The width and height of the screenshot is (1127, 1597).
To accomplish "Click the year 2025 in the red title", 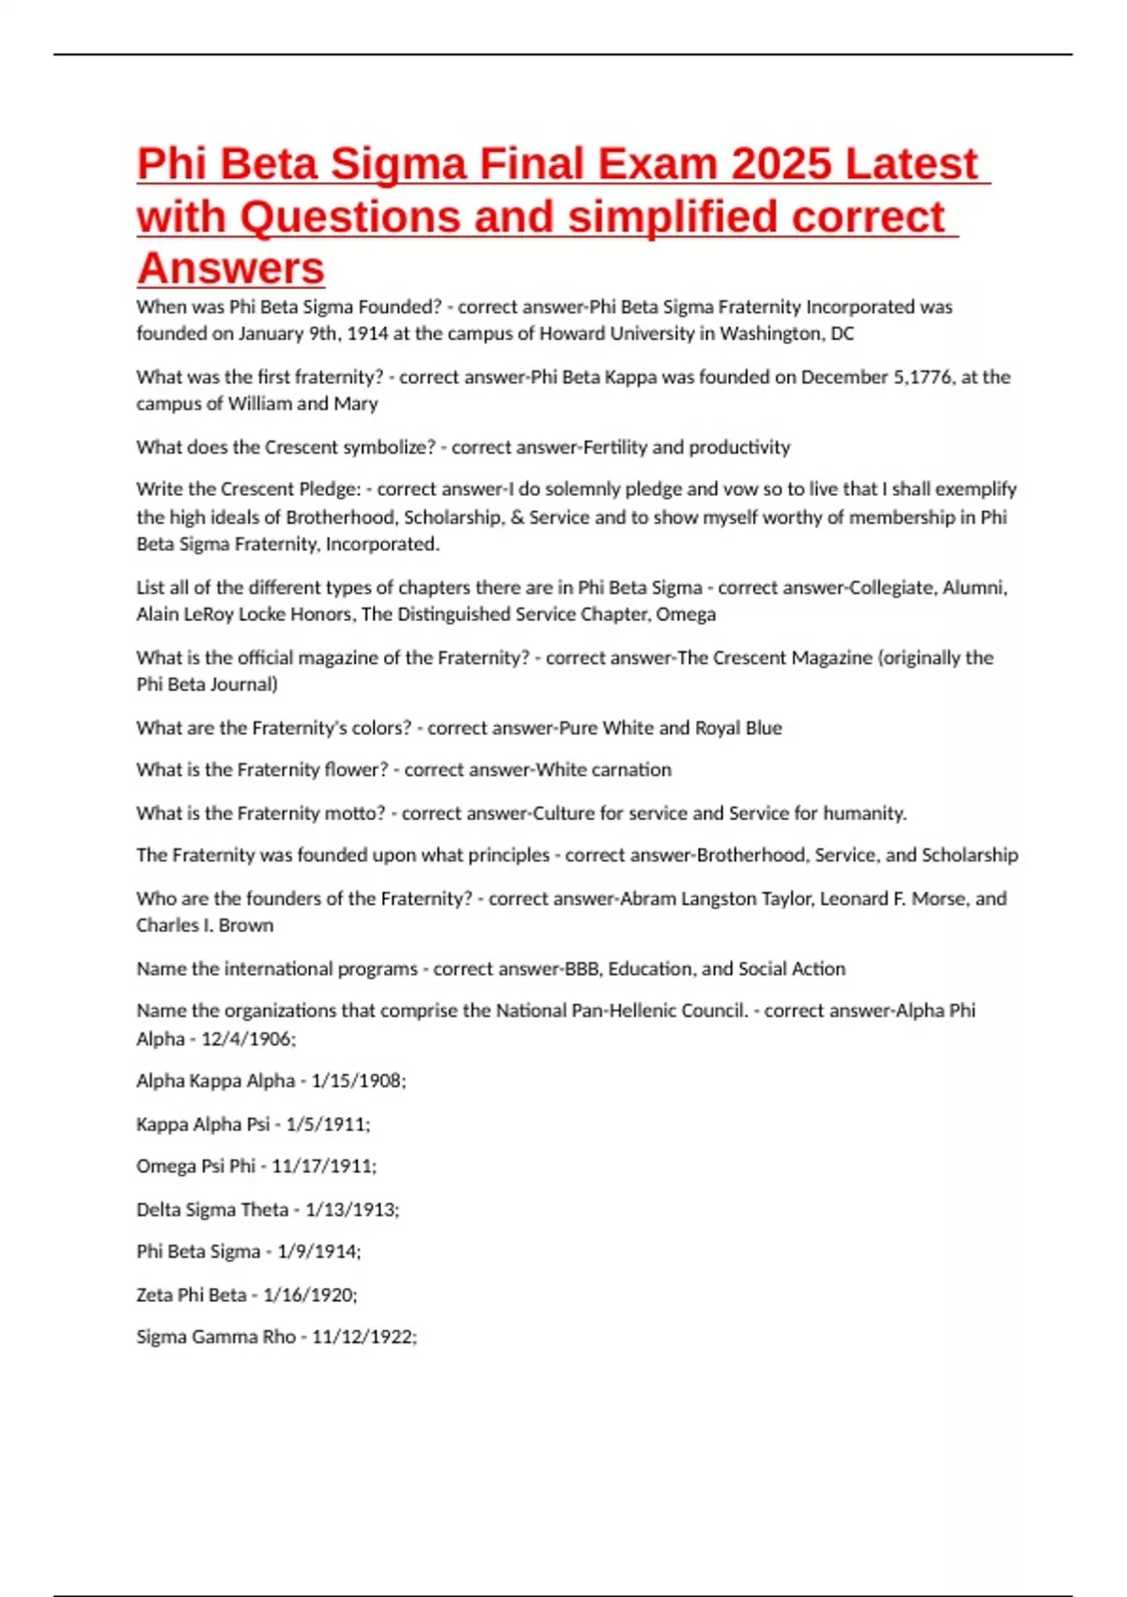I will click(x=781, y=164).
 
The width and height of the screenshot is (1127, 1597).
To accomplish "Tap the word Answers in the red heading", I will click(x=230, y=269).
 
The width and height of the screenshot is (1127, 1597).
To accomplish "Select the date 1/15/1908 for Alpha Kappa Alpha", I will click(x=358, y=1081).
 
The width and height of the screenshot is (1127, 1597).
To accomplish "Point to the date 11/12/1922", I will click(x=363, y=1337).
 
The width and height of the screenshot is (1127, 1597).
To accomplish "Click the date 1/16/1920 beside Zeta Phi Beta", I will click(x=310, y=1295).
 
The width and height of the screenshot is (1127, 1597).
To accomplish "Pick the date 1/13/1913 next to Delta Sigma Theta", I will click(x=351, y=1210).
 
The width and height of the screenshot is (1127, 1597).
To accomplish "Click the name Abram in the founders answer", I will click(x=648, y=899).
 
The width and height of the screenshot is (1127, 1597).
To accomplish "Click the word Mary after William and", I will click(x=356, y=404).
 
